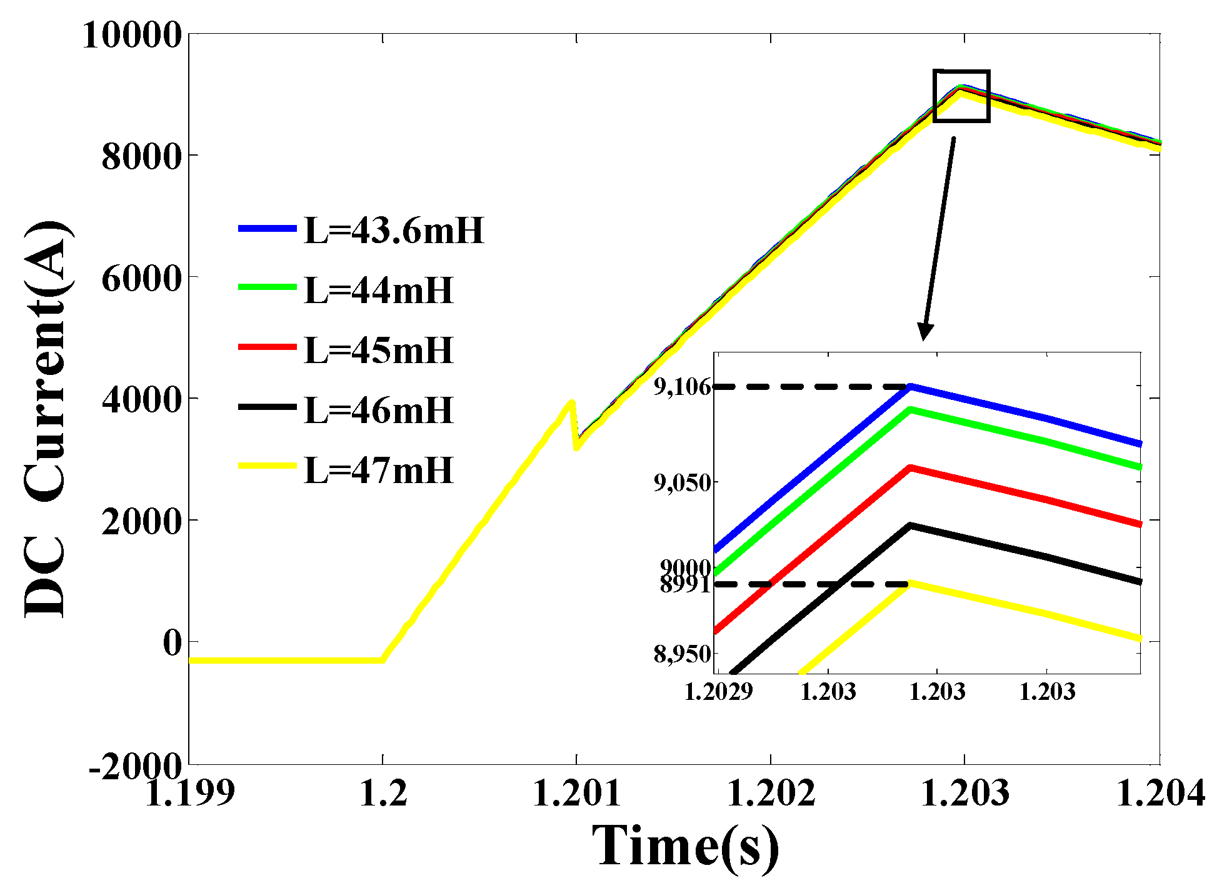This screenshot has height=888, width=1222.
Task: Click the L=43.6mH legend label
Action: pos(394,231)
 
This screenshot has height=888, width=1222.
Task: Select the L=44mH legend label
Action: pos(378,291)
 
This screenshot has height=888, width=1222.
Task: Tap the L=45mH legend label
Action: pos(378,350)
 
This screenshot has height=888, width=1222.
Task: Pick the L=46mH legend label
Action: pos(378,410)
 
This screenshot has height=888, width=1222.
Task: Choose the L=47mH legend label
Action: pos(378,470)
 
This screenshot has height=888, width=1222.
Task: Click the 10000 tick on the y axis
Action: pos(132,34)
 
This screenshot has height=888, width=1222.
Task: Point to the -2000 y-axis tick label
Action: pos(135,765)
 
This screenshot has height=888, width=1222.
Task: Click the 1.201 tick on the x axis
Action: pos(576,793)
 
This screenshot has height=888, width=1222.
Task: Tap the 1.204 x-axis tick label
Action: pos(1160,793)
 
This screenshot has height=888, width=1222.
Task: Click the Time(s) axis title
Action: pos(686,846)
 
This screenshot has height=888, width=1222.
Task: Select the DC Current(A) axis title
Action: pos(47,419)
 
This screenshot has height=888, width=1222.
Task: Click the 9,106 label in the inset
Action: pos(683,387)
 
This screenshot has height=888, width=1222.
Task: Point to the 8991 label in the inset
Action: pos(685,585)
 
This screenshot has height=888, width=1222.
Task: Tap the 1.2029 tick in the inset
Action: pos(719,692)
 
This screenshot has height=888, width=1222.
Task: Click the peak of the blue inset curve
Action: pos(911,387)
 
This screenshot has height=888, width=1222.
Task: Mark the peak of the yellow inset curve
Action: pos(911,583)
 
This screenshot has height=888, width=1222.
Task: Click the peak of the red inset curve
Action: pos(911,467)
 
